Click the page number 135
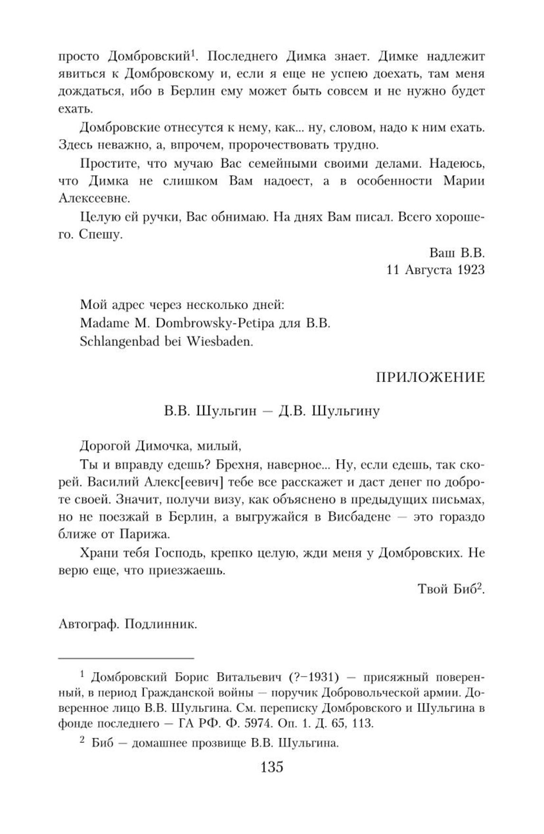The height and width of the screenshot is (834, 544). [272, 766]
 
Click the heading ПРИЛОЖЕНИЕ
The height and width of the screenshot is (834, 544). [431, 377]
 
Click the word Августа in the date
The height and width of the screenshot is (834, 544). [429, 270]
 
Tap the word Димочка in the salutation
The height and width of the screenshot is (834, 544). [161, 445]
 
